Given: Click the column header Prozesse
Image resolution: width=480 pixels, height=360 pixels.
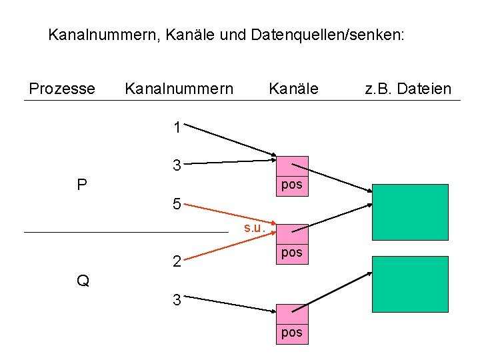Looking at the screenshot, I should click(x=62, y=89).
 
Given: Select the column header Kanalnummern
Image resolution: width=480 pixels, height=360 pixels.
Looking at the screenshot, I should click(x=179, y=89).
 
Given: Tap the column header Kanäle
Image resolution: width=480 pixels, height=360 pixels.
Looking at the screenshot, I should click(x=293, y=89).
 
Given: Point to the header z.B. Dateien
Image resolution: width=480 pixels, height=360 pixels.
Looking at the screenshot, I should click(x=408, y=89).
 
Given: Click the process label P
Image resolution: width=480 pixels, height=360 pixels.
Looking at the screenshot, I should click(x=82, y=185).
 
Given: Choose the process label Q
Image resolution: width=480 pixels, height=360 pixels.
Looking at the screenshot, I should click(x=83, y=281).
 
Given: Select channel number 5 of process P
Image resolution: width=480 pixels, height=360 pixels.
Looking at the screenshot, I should click(x=177, y=204).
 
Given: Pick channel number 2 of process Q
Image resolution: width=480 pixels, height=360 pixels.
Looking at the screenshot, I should click(x=177, y=261).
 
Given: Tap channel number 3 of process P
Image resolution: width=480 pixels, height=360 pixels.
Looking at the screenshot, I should click(x=177, y=165).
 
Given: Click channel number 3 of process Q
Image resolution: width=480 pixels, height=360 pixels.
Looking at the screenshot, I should click(x=177, y=300).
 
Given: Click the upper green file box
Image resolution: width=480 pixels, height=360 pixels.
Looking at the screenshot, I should click(x=410, y=211).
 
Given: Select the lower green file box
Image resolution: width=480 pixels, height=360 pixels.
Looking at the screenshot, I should click(x=410, y=284).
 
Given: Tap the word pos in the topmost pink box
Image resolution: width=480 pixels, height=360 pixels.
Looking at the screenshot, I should click(x=292, y=185).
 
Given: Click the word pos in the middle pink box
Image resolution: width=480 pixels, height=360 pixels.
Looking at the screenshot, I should click(x=292, y=253).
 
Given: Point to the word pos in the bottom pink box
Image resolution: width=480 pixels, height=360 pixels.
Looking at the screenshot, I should click(x=292, y=332).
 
